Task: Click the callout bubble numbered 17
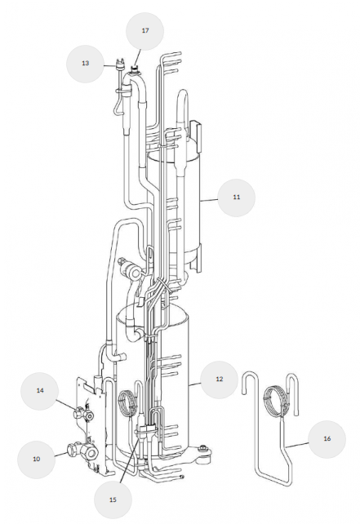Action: [x=144, y=31]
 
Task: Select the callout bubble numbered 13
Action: [x=86, y=64]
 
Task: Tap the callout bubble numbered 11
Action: [x=236, y=198]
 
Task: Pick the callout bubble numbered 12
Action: [x=220, y=380]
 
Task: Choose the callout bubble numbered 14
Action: [x=40, y=391]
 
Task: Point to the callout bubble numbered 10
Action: [x=37, y=460]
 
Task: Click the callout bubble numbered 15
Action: [x=113, y=500]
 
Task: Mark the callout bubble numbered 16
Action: [x=327, y=439]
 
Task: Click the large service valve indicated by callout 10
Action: [x=83, y=451]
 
